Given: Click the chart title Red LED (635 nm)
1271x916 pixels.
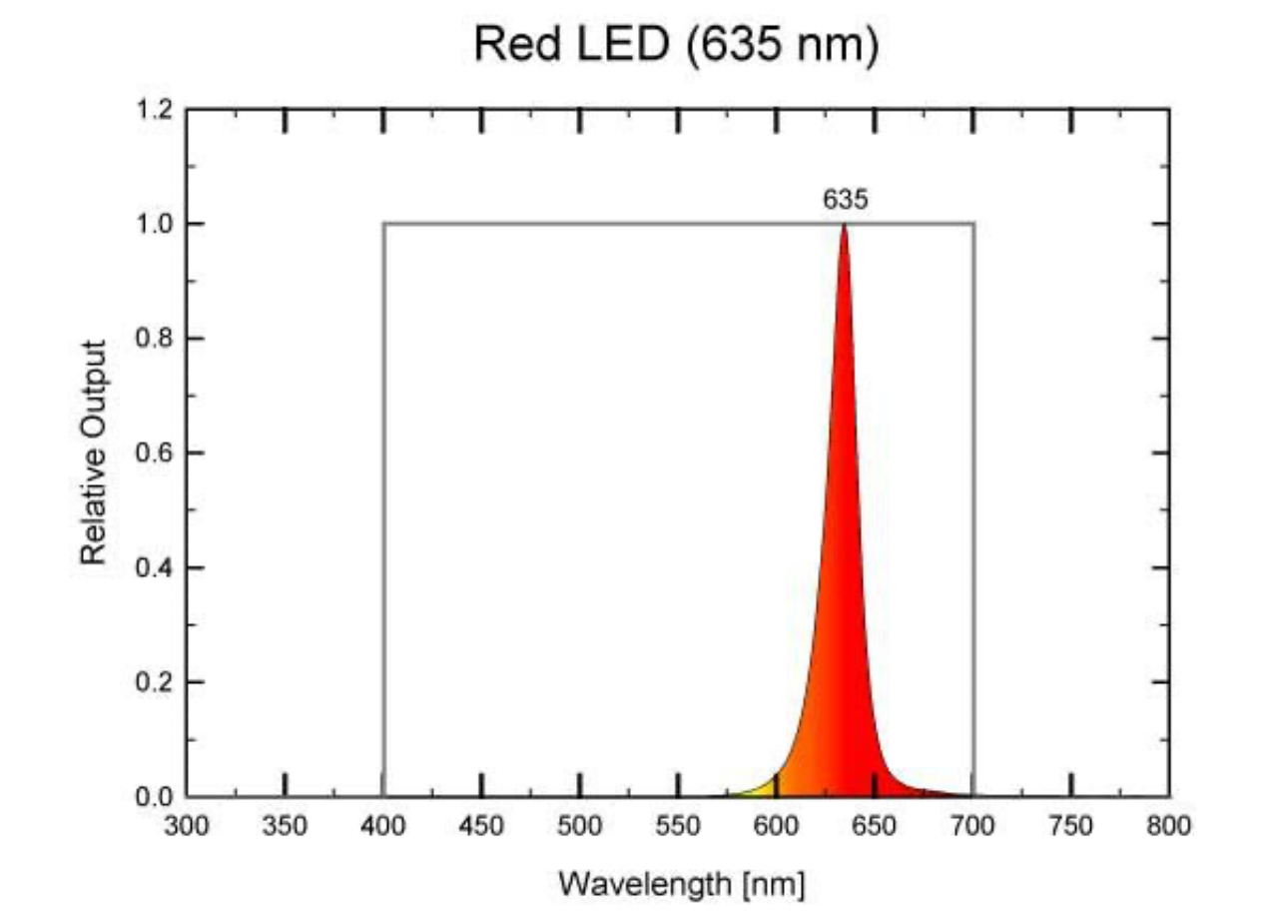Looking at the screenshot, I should [676, 45].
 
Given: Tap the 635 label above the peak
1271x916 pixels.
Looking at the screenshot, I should [845, 200].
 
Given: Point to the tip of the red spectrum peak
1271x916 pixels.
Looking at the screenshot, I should [845, 226].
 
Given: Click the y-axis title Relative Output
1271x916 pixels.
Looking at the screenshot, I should [93, 453].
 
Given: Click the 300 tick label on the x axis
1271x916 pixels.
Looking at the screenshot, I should [187, 826].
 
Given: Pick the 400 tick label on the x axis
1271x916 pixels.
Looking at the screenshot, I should [383, 826].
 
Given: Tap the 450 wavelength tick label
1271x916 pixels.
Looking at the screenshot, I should [482, 826].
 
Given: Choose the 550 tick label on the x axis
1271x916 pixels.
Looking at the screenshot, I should [679, 826].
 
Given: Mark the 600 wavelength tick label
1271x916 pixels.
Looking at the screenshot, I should [777, 826].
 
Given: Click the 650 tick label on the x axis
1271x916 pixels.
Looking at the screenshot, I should [875, 826].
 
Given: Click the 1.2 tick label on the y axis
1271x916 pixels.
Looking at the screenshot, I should [156, 109].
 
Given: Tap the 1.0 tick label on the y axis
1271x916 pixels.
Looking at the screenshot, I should [156, 224].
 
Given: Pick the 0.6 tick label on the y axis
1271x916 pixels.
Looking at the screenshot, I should [156, 453].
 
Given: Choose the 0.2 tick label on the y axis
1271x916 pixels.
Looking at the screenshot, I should [156, 682].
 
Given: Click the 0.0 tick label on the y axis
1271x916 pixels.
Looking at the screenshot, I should [156, 797].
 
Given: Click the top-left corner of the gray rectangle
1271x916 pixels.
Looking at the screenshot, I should [384, 224].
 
